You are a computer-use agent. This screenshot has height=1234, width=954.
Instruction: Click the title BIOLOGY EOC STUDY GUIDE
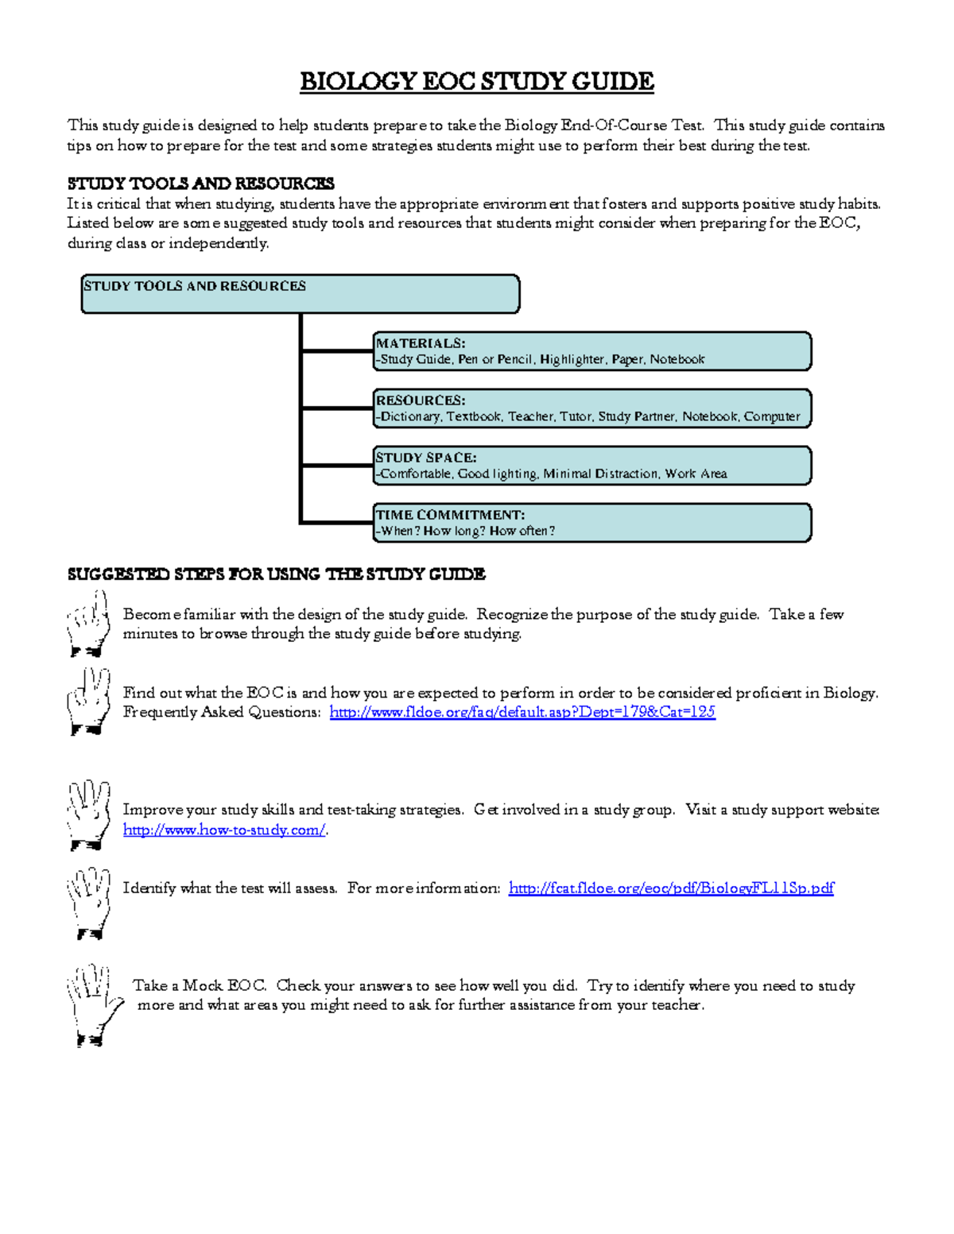coord(476,82)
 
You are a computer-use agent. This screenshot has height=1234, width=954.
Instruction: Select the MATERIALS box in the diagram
coord(592,351)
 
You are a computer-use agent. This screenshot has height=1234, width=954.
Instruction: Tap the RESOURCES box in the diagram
coord(592,408)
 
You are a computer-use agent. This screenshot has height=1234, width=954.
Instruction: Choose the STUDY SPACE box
coord(592,466)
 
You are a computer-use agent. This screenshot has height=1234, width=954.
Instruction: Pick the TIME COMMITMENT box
coord(592,523)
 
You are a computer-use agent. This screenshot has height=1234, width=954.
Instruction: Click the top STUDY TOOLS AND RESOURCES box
coord(301,294)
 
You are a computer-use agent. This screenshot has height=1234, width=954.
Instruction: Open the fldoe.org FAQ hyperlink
coord(522,712)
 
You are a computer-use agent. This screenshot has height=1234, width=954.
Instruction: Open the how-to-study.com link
coord(224,830)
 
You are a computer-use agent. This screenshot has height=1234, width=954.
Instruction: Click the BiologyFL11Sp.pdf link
coord(671,888)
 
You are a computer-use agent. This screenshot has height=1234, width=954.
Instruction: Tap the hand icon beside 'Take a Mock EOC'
coord(93,1005)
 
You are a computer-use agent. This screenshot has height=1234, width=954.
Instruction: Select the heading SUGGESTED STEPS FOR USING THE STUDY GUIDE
coord(276,574)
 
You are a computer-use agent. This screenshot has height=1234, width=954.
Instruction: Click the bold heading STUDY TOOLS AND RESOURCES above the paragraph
coord(200,184)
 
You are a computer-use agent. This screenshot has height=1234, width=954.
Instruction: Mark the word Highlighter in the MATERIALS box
coord(572,359)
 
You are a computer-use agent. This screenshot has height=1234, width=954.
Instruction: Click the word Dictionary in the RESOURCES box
coord(410,416)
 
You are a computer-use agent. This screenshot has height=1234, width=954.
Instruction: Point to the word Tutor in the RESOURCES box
coord(575,416)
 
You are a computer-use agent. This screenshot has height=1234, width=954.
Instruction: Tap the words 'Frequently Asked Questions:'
coord(222,712)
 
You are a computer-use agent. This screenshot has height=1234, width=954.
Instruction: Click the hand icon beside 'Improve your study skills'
coord(87,814)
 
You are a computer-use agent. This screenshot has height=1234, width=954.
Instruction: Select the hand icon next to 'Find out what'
coord(87,701)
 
